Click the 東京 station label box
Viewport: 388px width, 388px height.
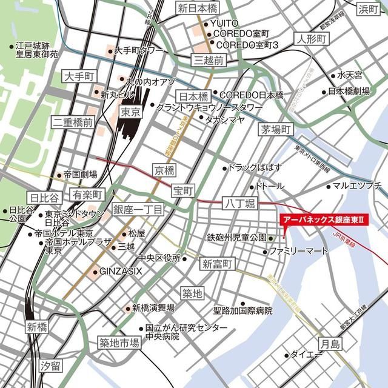(131, 112)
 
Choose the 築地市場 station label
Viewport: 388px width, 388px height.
(119, 343)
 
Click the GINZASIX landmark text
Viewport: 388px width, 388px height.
(121, 270)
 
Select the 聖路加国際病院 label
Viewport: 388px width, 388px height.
(242, 310)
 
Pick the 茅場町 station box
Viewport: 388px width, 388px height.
(276, 129)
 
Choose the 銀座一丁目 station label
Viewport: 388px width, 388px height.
(138, 210)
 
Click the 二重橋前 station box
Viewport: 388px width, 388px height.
(72, 122)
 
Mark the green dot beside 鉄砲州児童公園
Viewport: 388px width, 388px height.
(271, 237)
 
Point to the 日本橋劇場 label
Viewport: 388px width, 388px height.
(349, 92)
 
